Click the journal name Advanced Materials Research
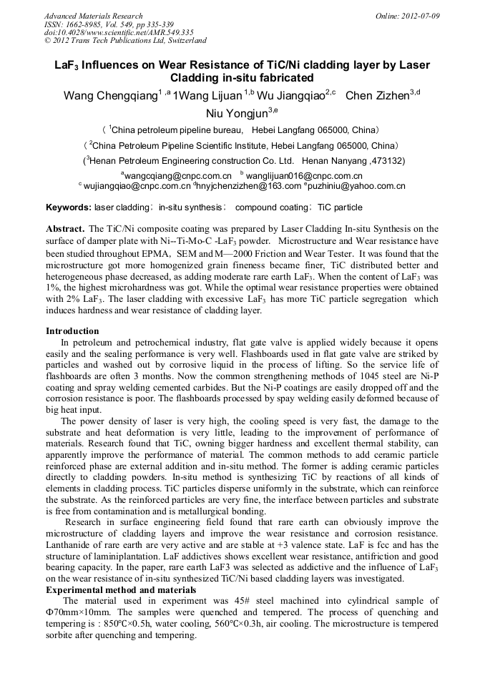point(93,16)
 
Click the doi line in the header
point(118,32)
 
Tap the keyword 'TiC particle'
point(340,207)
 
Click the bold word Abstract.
point(65,229)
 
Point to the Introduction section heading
point(72,331)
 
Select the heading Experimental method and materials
point(121,589)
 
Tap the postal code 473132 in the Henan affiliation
point(386,161)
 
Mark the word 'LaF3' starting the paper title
point(68,65)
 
